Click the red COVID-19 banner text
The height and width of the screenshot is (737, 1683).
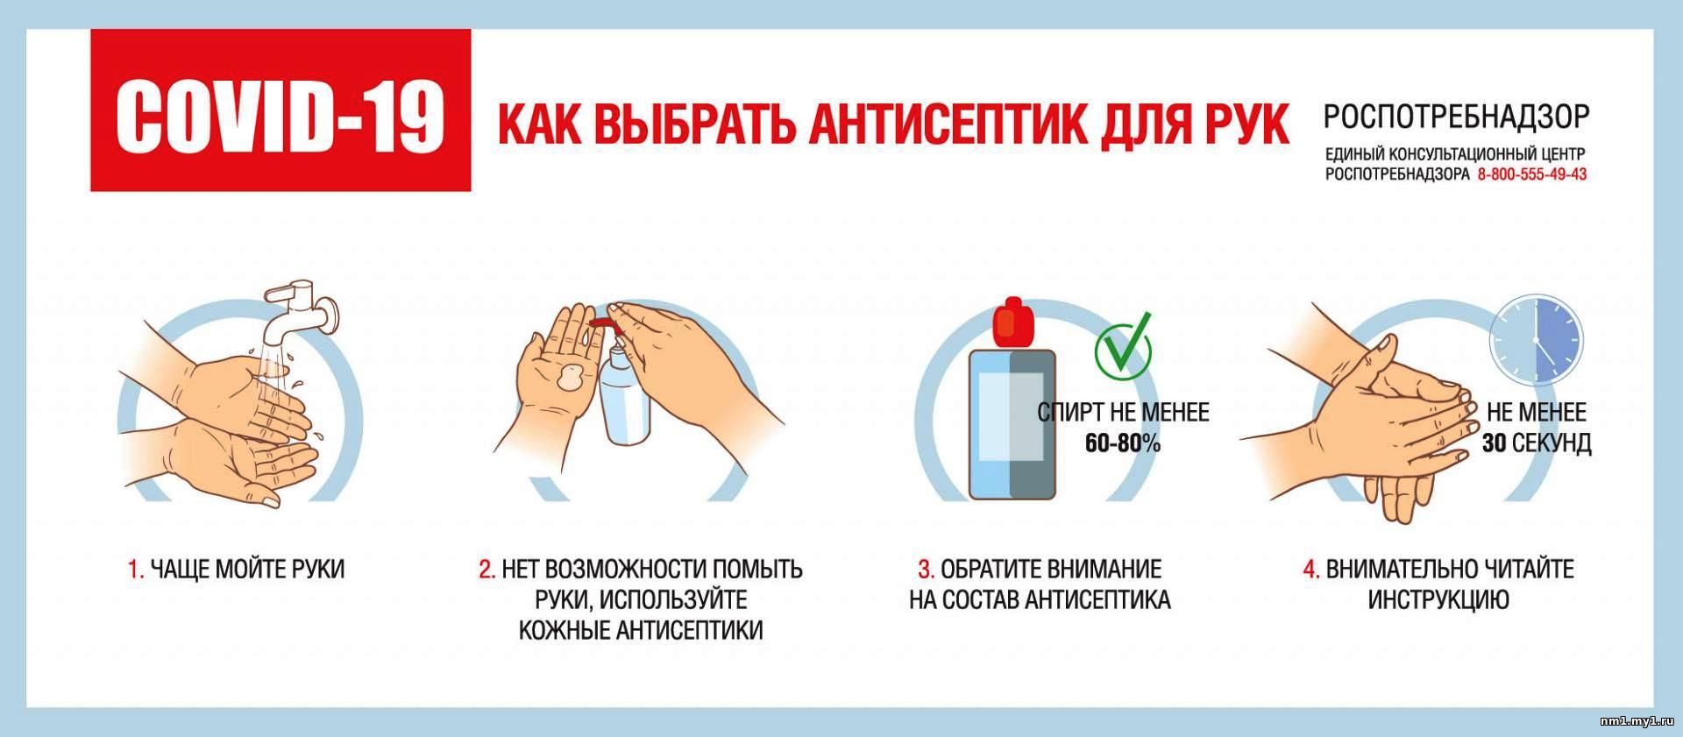tap(280, 111)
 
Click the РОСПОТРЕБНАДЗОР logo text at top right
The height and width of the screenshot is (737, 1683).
tap(1455, 117)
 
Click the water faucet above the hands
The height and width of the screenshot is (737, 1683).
tap(302, 312)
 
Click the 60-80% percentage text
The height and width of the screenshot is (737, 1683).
tap(1123, 443)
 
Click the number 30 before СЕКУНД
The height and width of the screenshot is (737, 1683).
tap(1494, 443)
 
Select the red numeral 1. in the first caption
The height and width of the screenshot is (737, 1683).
tap(135, 570)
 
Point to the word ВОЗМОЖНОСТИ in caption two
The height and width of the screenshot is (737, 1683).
tap(628, 570)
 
